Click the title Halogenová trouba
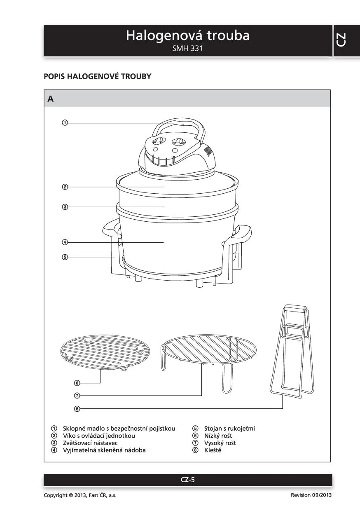188,35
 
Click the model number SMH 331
187,48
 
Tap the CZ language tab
341,40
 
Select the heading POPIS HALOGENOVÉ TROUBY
97,76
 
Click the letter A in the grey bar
50,99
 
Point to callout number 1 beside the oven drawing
65,123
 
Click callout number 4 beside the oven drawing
65,242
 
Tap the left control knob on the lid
159,141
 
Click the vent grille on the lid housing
208,150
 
